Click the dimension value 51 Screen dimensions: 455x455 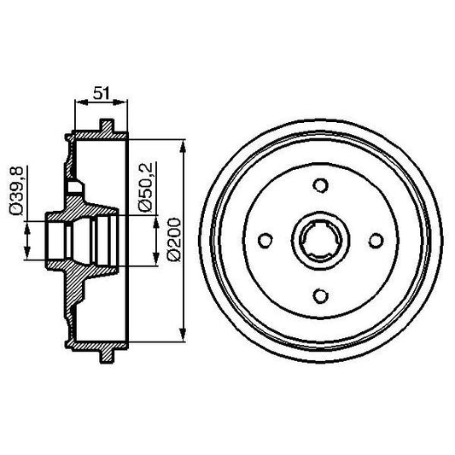pyautogui.click(x=102, y=91)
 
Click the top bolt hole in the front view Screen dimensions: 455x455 pyautogui.click(x=320, y=185)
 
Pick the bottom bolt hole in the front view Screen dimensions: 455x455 pyautogui.click(x=320, y=295)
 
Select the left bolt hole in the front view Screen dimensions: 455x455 pyautogui.click(x=265, y=240)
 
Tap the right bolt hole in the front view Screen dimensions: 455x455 pyautogui.click(x=376, y=240)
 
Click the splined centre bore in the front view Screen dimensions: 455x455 pyautogui.click(x=320, y=240)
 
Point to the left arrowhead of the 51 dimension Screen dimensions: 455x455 pyautogui.click(x=79, y=102)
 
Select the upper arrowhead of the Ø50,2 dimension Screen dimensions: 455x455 pyautogui.click(x=156, y=220)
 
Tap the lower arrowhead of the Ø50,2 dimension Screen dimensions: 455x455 pyautogui.click(x=156, y=261)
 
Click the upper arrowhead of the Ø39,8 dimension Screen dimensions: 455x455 pyautogui.click(x=30, y=225)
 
